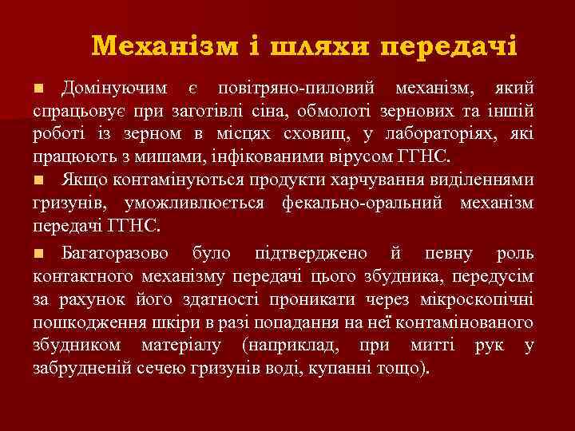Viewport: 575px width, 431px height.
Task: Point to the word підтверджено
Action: click(x=311, y=254)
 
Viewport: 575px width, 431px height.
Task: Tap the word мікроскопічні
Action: click(x=484, y=302)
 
